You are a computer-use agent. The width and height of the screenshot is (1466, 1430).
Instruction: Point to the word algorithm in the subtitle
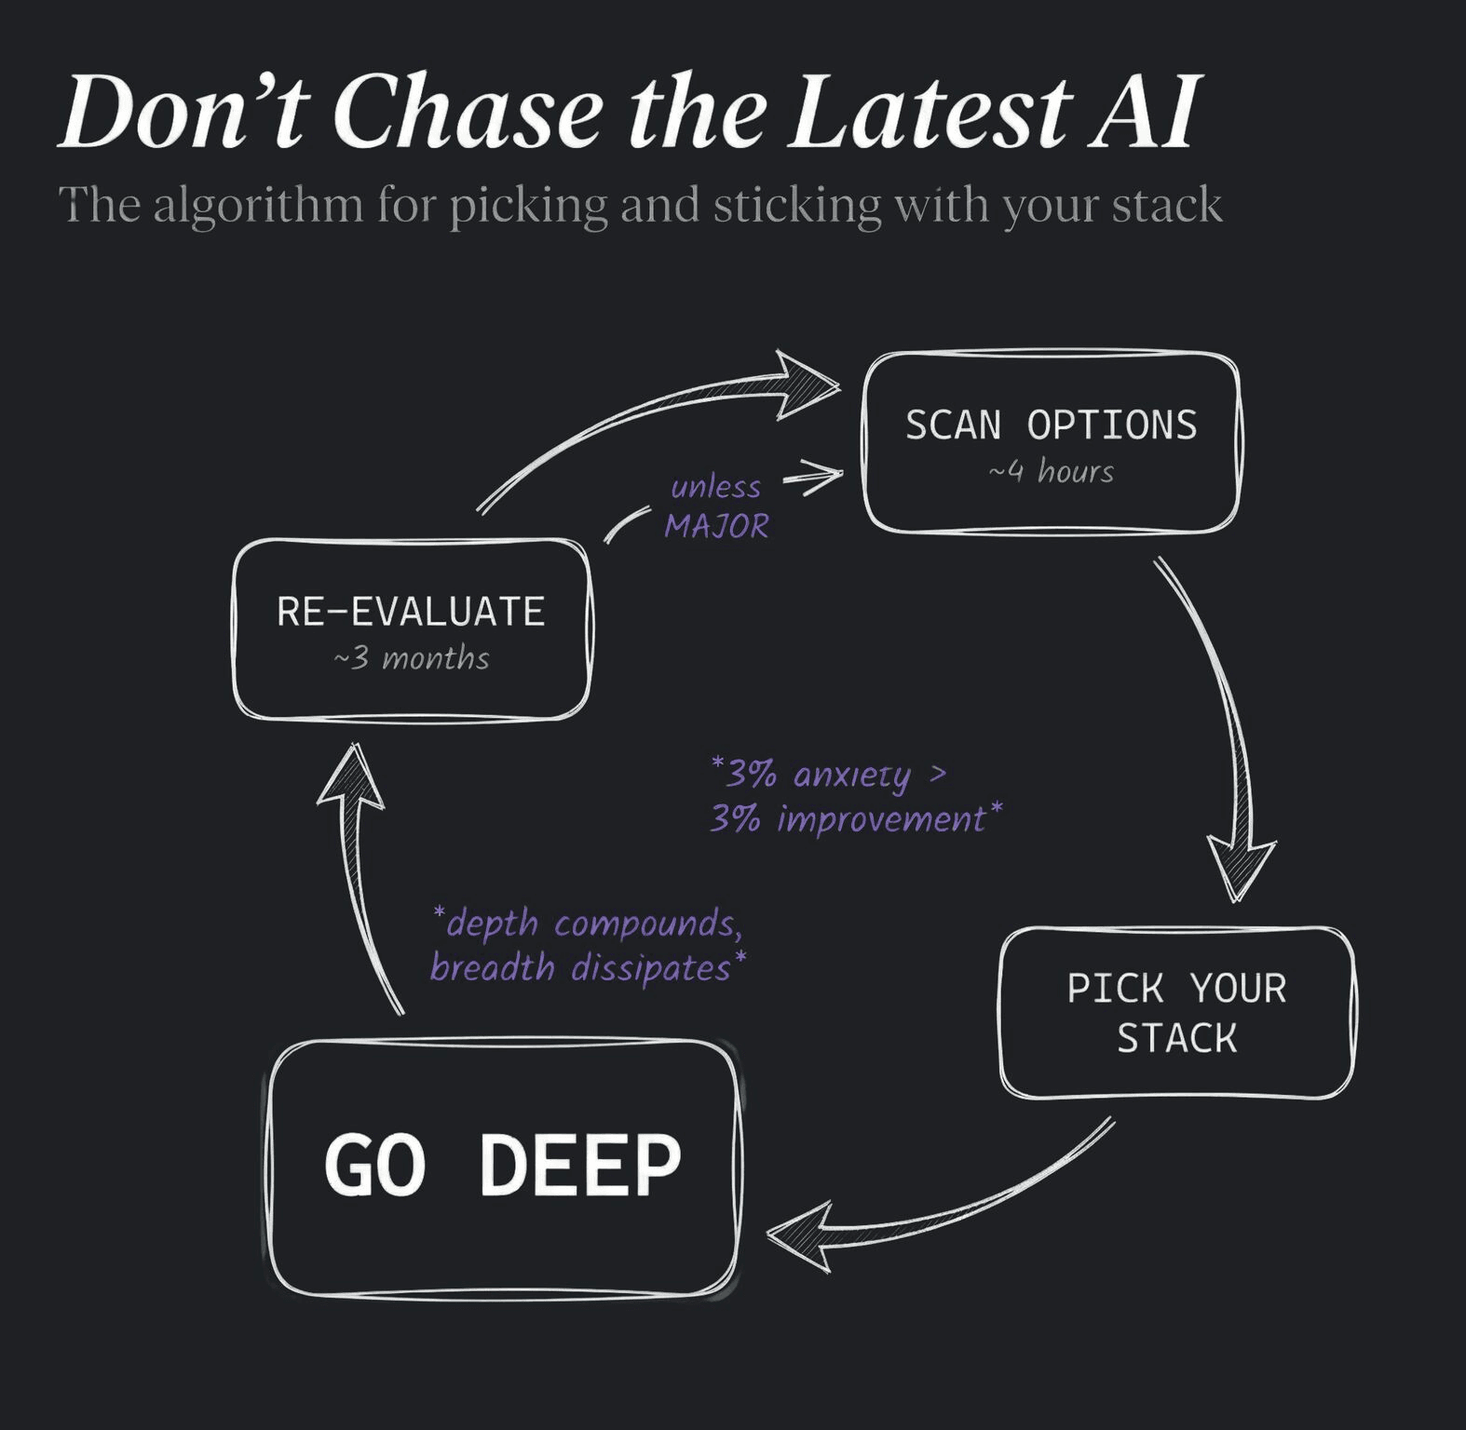258,205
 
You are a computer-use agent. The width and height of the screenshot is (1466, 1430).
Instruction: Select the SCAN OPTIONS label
1051,425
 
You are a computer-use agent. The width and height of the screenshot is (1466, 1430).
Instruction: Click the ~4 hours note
1051,472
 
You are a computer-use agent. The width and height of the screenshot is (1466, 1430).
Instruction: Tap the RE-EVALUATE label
411,612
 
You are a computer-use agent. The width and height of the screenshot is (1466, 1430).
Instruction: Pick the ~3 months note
411,659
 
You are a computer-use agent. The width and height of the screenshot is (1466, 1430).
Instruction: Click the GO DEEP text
502,1165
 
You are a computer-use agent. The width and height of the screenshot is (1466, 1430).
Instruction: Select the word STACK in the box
1176,1038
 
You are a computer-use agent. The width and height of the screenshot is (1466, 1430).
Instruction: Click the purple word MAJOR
716,527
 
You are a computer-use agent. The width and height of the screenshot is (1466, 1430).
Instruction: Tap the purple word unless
715,487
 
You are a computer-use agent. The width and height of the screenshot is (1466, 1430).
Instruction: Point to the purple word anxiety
852,775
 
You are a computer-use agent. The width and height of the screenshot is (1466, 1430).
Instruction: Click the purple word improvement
881,819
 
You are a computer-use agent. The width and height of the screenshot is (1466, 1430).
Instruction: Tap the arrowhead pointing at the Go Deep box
801,1235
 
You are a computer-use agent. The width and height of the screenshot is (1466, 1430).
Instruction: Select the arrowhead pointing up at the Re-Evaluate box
351,780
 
